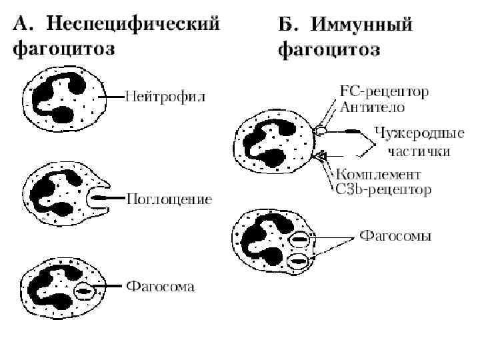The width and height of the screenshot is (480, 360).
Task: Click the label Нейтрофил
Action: click(x=166, y=97)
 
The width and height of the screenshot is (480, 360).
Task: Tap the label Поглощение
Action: click(x=170, y=199)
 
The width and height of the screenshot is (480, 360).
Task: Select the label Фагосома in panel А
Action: click(x=161, y=287)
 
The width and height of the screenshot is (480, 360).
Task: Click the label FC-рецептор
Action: click(x=384, y=91)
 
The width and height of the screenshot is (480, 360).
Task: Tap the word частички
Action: click(x=419, y=151)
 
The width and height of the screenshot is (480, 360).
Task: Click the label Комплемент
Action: click(x=379, y=175)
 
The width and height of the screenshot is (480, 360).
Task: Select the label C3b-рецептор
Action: click(x=383, y=189)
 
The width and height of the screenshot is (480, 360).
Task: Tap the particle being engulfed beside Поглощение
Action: click(x=103, y=198)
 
